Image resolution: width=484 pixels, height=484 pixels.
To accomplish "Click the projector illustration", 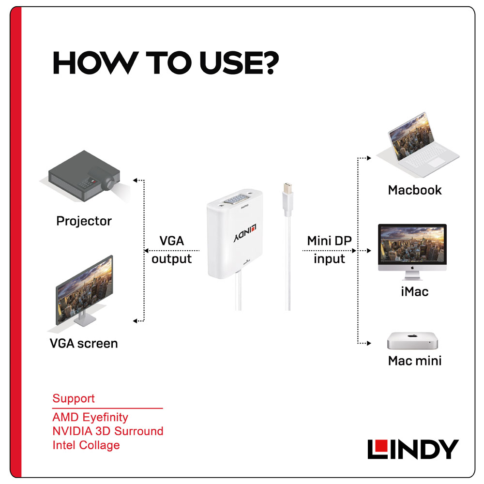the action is click(x=84, y=176).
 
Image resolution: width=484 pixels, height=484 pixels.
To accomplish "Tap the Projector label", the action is click(x=84, y=221).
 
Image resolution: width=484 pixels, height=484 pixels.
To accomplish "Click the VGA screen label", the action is click(x=84, y=343).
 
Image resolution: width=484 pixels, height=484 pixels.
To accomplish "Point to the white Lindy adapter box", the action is click(x=235, y=234).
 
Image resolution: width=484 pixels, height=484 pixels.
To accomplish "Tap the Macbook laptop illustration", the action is click(x=418, y=145).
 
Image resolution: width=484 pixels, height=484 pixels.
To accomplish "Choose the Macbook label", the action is click(x=415, y=190).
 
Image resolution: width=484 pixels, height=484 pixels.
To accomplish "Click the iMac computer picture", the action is click(x=412, y=252).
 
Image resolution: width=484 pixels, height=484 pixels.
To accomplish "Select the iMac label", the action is click(x=415, y=291).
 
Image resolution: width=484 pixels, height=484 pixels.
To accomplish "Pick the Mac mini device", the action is click(x=413, y=341).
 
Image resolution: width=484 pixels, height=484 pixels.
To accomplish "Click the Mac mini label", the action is click(x=415, y=361).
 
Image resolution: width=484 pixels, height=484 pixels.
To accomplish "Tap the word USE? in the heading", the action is click(x=239, y=62).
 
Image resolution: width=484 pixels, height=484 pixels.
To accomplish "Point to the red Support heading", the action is click(x=74, y=398).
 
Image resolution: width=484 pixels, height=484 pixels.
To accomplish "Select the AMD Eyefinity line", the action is click(x=90, y=417).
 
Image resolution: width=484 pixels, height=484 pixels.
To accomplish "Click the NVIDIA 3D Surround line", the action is click(x=108, y=431).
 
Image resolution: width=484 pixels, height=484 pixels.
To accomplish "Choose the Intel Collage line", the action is click(x=86, y=445).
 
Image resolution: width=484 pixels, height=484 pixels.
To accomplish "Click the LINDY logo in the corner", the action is click(x=413, y=449).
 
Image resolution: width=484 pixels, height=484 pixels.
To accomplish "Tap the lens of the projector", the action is click(x=108, y=183).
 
